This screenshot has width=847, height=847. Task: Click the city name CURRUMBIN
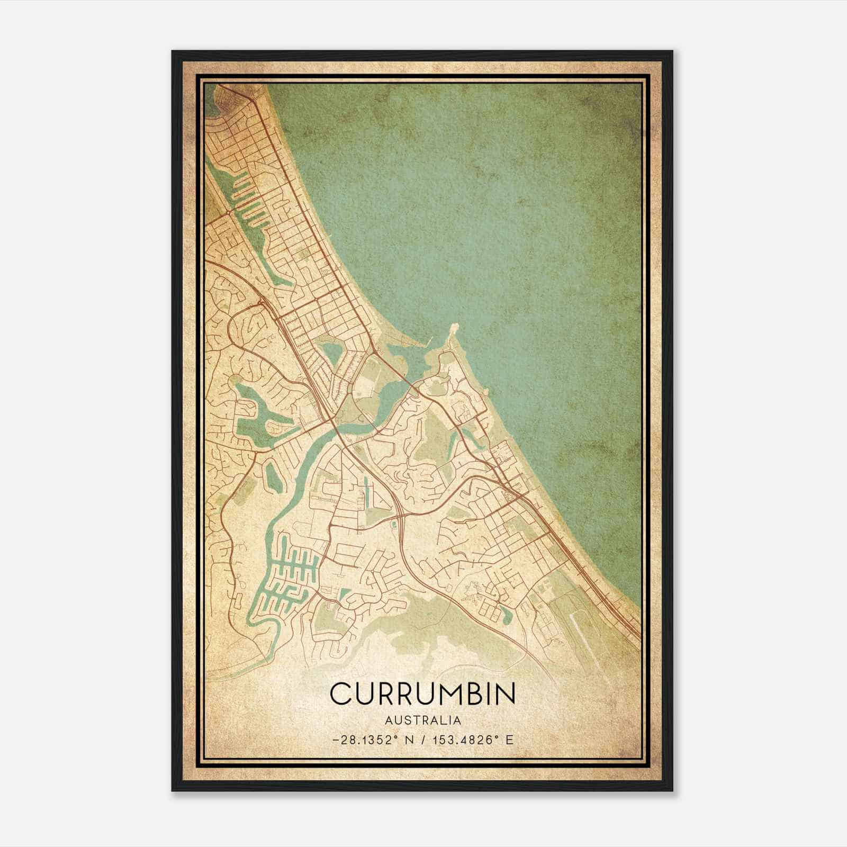tap(422, 693)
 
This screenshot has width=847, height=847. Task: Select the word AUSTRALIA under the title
tap(422, 720)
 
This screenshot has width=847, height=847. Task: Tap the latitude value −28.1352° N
tap(366, 740)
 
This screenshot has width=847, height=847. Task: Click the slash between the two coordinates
tap(421, 740)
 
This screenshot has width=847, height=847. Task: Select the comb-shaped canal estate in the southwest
tap(289, 577)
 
